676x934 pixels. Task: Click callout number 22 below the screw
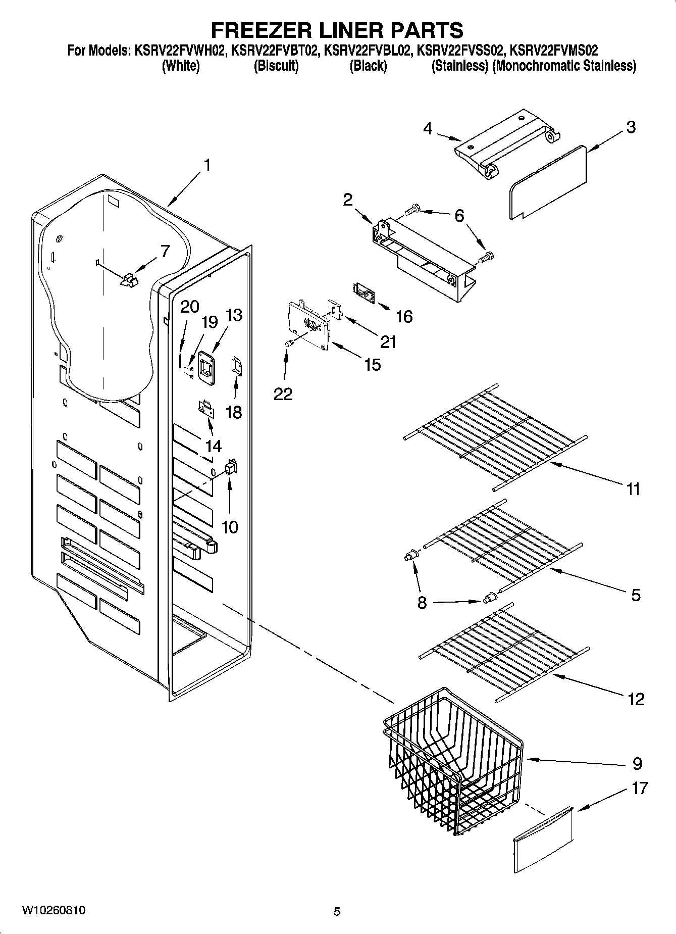[283, 394]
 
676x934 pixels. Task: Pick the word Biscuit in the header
[276, 66]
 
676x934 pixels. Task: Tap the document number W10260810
[53, 911]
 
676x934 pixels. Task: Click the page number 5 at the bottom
[337, 912]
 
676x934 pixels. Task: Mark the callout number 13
[234, 315]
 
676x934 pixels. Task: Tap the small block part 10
[230, 468]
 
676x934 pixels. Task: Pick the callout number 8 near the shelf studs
[422, 602]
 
